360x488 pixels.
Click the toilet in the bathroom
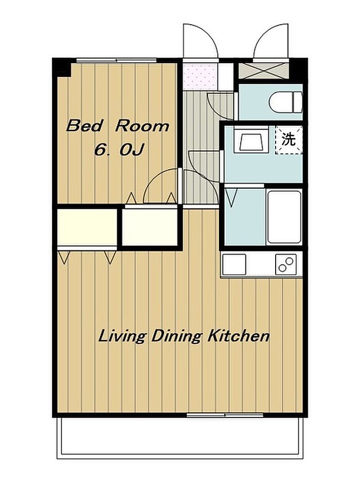coord(285,102)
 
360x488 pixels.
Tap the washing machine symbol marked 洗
coord(289,139)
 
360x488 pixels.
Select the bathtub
coord(284,217)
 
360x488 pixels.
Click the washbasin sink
coord(253,142)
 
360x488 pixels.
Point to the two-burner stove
coord(286,264)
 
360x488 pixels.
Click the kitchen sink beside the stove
coord(235,264)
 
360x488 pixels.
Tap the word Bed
coord(84,126)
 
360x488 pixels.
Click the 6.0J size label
coord(119,151)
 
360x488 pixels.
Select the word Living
coord(122,337)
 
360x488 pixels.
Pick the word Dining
coord(177,337)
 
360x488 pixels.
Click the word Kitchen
coord(238,336)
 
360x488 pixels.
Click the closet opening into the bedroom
coord(150,227)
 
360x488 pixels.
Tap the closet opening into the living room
coord(87,227)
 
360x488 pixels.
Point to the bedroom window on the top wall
coord(116,61)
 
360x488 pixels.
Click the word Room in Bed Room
coord(142,126)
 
